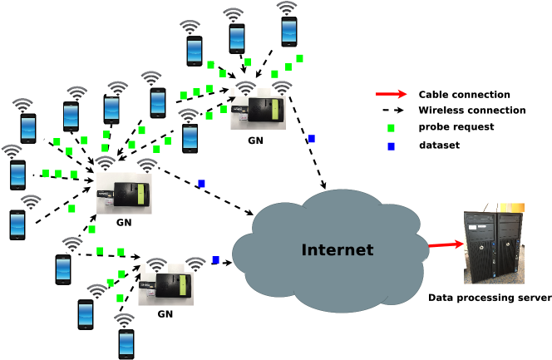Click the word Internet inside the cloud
pyautogui.click(x=337, y=249)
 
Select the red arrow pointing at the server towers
pyautogui.click(x=446, y=244)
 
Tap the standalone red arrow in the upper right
pyautogui.click(x=391, y=94)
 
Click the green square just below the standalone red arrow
pyautogui.click(x=391, y=128)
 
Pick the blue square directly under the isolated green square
pyautogui.click(x=391, y=146)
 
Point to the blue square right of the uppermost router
pyautogui.click(x=311, y=139)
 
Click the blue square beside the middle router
pyautogui.click(x=201, y=183)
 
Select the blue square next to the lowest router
pyautogui.click(x=215, y=260)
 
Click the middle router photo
pyautogui.click(x=124, y=194)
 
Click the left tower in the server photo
pyautogui.click(x=480, y=244)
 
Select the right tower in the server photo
pyautogui.click(x=509, y=244)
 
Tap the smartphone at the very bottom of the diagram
pyautogui.click(x=126, y=343)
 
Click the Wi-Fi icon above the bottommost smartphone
pyautogui.click(x=124, y=321)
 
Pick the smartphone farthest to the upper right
pyautogui.click(x=288, y=32)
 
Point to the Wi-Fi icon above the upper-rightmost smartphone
pyautogui.click(x=287, y=8)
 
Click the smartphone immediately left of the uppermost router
pyautogui.click(x=190, y=137)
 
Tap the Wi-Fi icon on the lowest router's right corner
pyautogui.click(x=195, y=264)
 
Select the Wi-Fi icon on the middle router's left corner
pyautogui.click(x=106, y=164)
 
